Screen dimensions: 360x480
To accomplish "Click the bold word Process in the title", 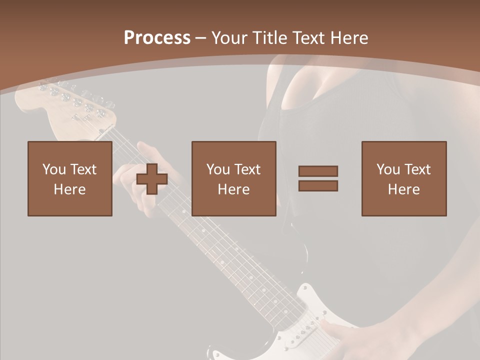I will pyautogui.click(x=157, y=38).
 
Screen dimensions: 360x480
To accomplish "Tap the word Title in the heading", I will pyautogui.click(x=270, y=38).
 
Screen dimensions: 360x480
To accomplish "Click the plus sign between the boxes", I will pyautogui.click(x=152, y=179).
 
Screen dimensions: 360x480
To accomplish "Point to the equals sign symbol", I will pyautogui.click(x=318, y=178).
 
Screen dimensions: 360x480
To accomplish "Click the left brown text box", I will pyautogui.click(x=70, y=178).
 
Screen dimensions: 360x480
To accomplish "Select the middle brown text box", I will pyautogui.click(x=234, y=178).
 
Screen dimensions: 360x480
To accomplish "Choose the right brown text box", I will pyautogui.click(x=404, y=178).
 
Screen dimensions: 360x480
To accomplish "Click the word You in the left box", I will pyautogui.click(x=54, y=169).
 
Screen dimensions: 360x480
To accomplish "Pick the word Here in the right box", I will pyautogui.click(x=404, y=189).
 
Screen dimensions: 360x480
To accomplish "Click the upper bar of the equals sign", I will pyautogui.click(x=318, y=171).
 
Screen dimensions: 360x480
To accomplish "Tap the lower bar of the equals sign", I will pyautogui.click(x=318, y=186).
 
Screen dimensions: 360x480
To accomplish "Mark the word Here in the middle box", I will pyautogui.click(x=234, y=189).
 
